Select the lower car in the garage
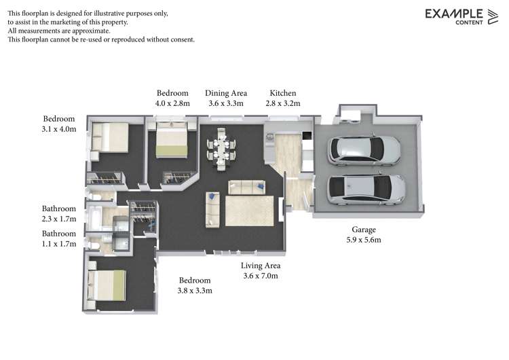(366, 190)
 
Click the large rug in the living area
(249, 211)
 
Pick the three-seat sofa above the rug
(247, 187)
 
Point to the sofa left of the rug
(212, 210)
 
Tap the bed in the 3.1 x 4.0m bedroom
(110, 137)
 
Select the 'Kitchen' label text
(283, 93)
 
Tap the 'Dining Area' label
(226, 93)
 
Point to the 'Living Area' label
(261, 266)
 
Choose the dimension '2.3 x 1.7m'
(58, 219)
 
